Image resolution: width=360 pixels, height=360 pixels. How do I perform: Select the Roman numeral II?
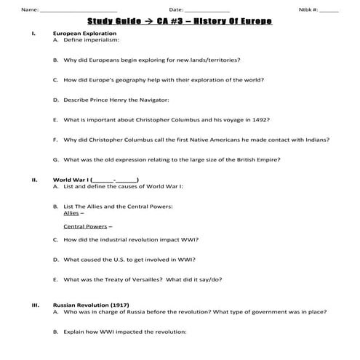tap(34, 178)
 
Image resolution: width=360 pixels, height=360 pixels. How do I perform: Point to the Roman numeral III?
tap(35, 304)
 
